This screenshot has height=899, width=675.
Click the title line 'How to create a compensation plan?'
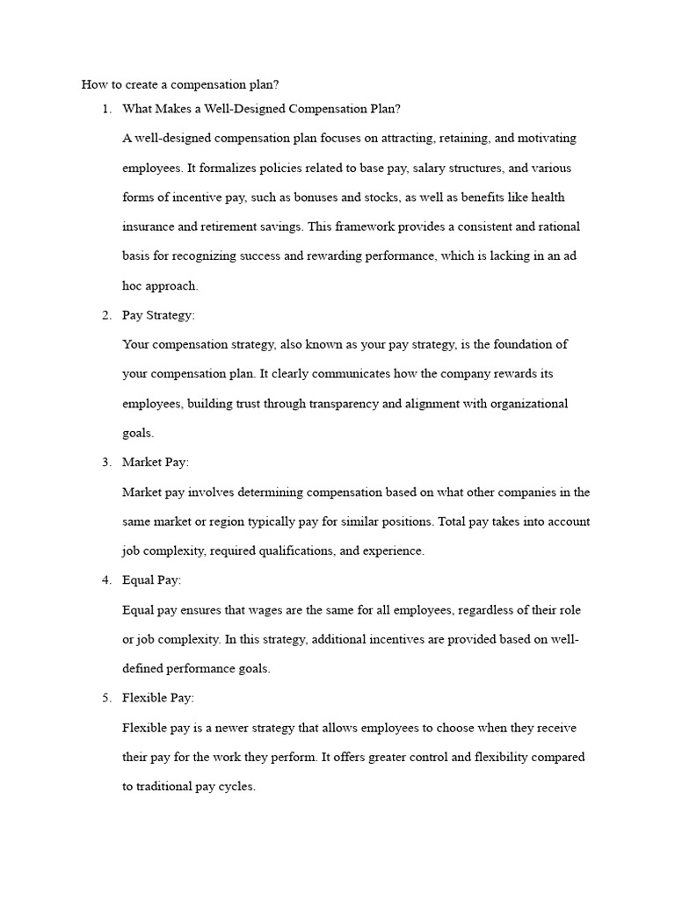click(179, 84)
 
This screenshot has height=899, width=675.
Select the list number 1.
click(106, 109)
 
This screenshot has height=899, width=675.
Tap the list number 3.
click(106, 462)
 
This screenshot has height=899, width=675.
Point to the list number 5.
click(106, 698)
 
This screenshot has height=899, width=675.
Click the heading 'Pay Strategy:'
click(157, 315)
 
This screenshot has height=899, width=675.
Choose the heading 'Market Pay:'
click(156, 462)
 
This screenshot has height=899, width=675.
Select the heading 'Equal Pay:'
click(152, 580)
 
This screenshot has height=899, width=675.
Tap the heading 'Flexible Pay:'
click(158, 698)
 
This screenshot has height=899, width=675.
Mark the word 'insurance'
click(148, 227)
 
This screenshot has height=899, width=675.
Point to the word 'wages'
click(249, 610)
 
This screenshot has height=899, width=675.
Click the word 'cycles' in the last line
click(237, 787)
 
